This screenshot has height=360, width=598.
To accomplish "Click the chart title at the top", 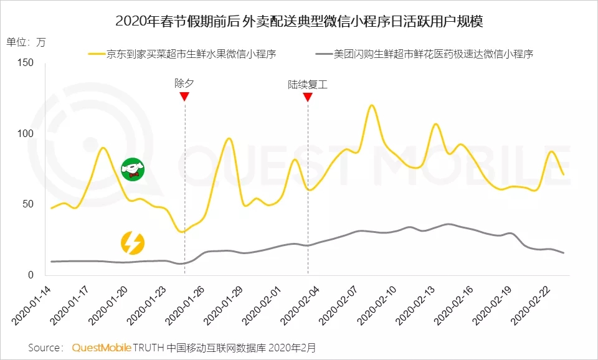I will (x=299, y=21).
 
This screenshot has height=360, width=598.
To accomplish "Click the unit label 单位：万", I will (x=26, y=42).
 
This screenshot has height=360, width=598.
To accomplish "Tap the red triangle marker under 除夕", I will (x=184, y=96).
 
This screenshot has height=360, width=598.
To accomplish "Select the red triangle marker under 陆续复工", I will (x=307, y=96).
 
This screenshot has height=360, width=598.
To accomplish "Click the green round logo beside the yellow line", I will (x=132, y=169).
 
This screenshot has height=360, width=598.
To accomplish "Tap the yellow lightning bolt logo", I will (x=132, y=243).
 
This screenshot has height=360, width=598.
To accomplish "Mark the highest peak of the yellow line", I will (x=371, y=105).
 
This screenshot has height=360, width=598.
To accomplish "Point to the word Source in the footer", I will (x=45, y=346).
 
